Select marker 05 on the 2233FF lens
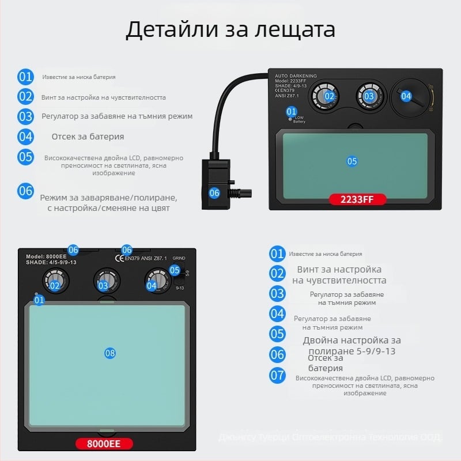pyautogui.click(x=352, y=161)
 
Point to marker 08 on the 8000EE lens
pyautogui.click(x=110, y=353)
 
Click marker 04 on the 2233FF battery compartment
pyautogui.click(x=406, y=96)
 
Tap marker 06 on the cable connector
pyautogui.click(x=214, y=193)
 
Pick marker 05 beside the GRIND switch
pyautogui.click(x=175, y=270)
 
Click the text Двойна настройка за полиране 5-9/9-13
pyautogui.click(x=352, y=346)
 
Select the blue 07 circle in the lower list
pyautogui.click(x=278, y=375)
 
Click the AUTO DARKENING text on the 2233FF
pyautogui.click(x=296, y=75)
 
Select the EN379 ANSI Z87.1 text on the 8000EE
pyautogui.click(x=146, y=259)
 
